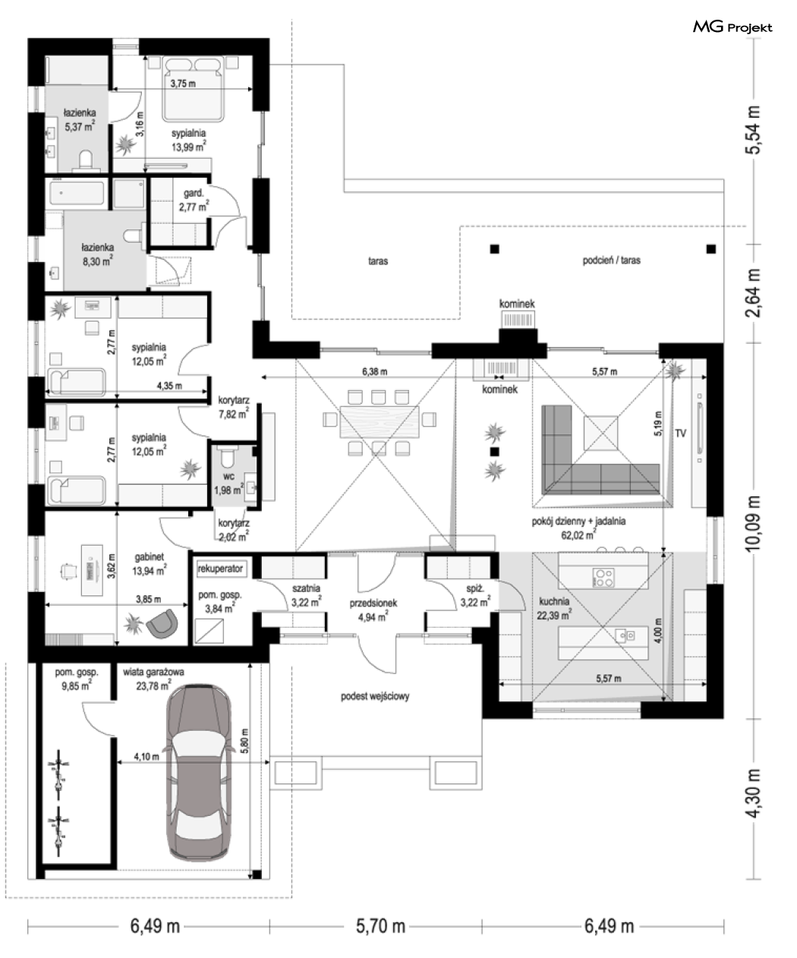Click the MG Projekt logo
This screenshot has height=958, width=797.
(x=732, y=27)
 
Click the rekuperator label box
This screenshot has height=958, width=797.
(x=221, y=569)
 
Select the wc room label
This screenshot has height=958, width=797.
(x=228, y=477)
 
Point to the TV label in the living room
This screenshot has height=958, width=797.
(x=680, y=433)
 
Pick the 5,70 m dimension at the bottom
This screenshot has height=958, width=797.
(x=380, y=926)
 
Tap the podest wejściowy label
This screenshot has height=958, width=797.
(x=375, y=696)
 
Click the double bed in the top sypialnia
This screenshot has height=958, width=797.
(x=194, y=89)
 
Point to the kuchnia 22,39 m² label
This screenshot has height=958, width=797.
(x=554, y=608)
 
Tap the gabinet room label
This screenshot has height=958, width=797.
(x=149, y=557)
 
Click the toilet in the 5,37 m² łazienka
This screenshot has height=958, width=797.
(x=86, y=162)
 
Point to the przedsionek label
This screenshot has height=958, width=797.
(x=373, y=603)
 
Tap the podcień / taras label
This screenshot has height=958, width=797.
(x=612, y=260)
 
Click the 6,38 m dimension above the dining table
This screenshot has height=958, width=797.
(x=374, y=371)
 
